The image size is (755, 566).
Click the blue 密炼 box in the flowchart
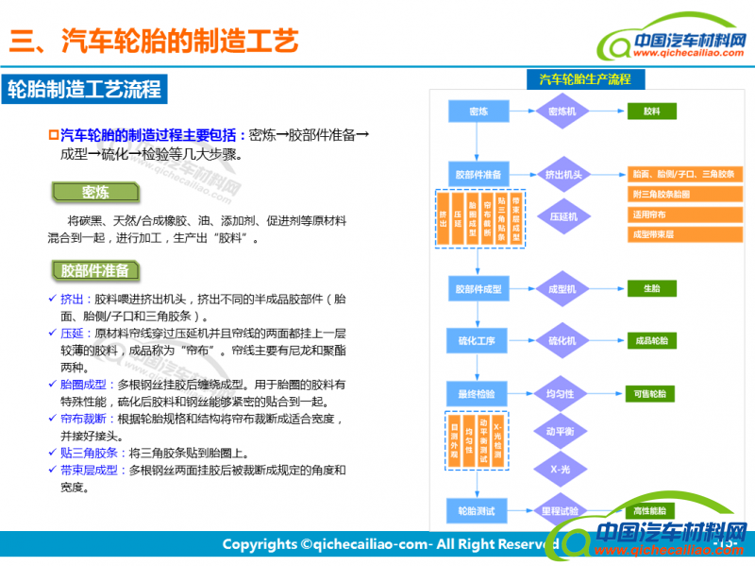click(x=478, y=111)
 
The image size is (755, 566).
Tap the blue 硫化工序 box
click(x=478, y=340)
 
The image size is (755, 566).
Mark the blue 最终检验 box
click(x=478, y=393)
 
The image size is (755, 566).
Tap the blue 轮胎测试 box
click(x=478, y=511)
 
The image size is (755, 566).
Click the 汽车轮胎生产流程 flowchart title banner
click(x=584, y=79)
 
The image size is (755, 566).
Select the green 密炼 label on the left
click(x=95, y=192)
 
